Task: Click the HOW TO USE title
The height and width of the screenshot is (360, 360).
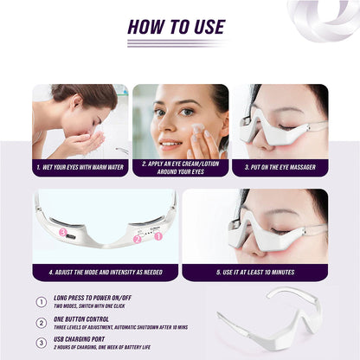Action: [x=176, y=26]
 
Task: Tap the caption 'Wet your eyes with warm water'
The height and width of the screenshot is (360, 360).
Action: [x=80, y=166]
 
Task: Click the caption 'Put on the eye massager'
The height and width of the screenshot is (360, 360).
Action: [x=280, y=165]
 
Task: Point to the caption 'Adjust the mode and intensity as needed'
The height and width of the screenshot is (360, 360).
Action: [x=106, y=271]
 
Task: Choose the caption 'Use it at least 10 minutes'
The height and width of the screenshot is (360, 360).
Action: [x=255, y=271]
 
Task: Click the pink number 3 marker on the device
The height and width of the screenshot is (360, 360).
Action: [x=63, y=232]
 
